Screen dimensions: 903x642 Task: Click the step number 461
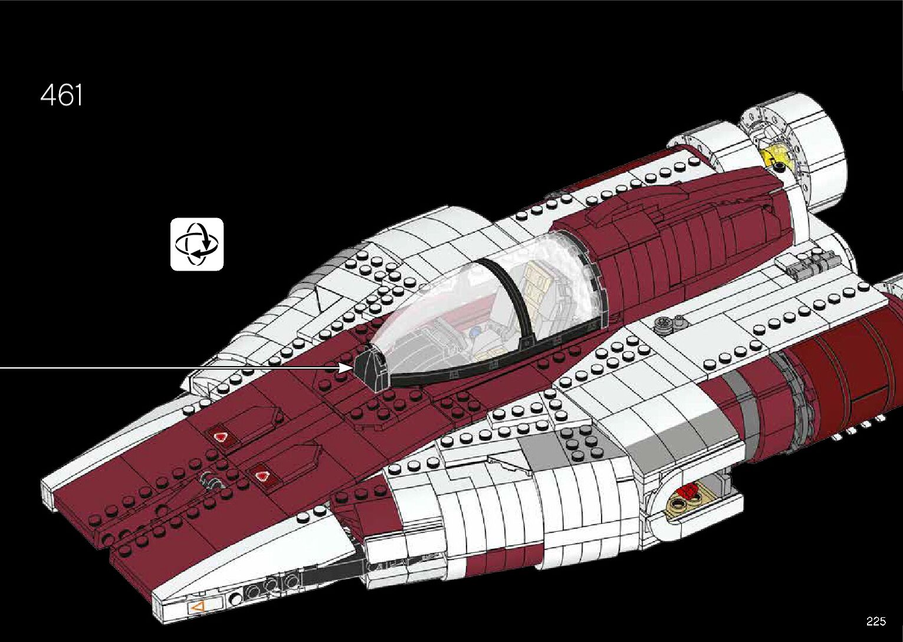point(62,96)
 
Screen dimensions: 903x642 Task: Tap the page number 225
point(876,621)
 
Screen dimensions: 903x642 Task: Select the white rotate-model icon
point(197,244)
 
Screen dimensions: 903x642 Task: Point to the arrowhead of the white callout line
point(347,367)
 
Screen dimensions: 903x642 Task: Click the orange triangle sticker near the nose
point(195,605)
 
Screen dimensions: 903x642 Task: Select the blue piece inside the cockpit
point(475,332)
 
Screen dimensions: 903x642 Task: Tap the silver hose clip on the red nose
point(209,482)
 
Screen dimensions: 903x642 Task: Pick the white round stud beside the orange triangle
point(236,600)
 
